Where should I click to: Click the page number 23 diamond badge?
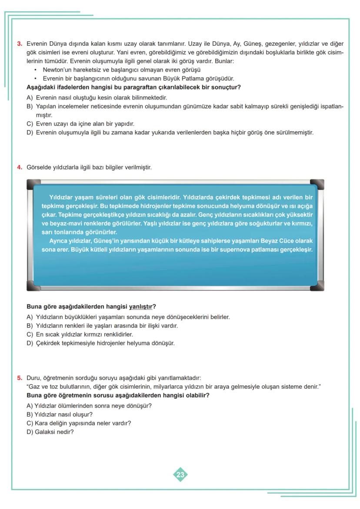tap(180, 474)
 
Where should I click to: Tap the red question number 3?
tap(20, 44)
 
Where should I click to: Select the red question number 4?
tap(20, 167)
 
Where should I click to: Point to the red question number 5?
tap(20, 378)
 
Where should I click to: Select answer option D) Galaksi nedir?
tap(50, 432)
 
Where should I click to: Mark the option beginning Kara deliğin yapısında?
tap(79, 423)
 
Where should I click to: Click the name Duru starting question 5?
tap(33, 378)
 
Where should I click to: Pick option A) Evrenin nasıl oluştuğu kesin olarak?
tap(97, 98)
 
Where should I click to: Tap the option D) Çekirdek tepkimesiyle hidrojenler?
tap(100, 343)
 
